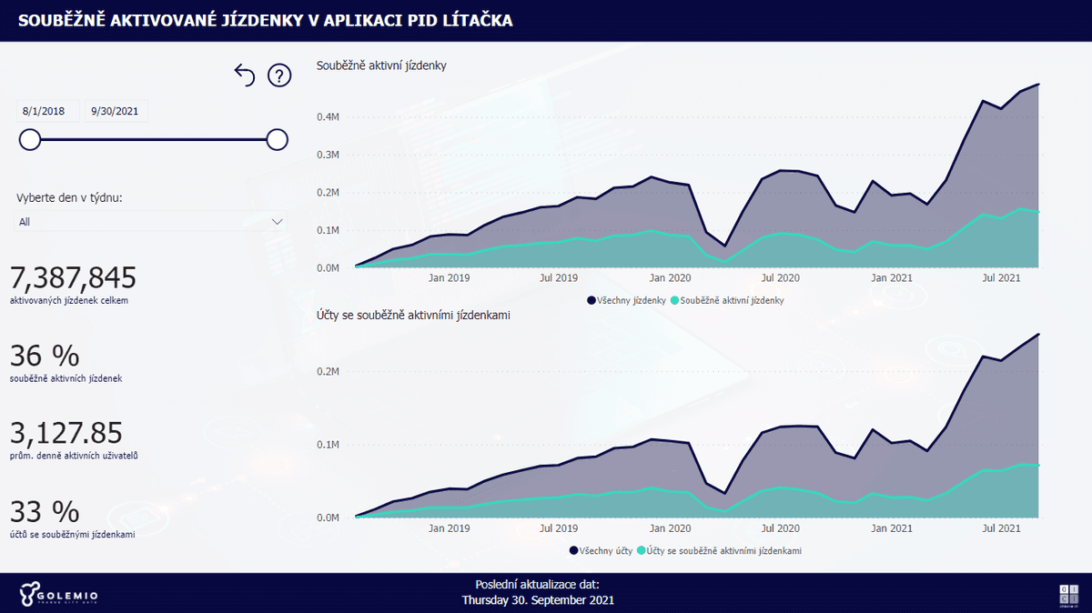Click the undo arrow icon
[245, 75]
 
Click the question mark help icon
[278, 75]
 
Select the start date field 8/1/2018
[47, 112]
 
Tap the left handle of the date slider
[30, 139]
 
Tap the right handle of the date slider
[278, 139]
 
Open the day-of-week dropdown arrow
[278, 221]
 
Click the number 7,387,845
[73, 278]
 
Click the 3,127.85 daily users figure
[66, 433]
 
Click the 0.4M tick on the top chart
[328, 117]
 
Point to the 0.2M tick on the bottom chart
[328, 372]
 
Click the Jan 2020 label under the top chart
[672, 277]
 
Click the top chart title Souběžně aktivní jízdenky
[380, 65]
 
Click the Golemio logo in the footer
[58, 595]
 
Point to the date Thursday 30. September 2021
[538, 600]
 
